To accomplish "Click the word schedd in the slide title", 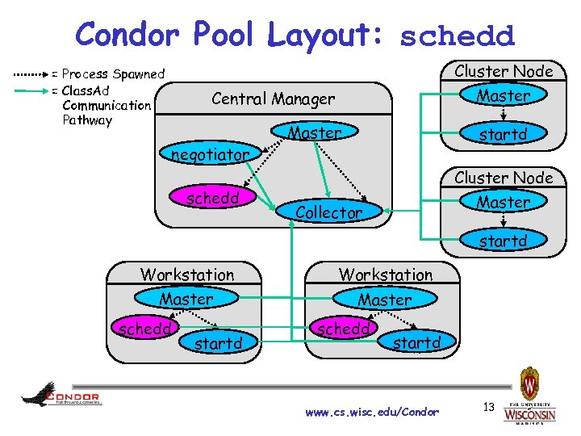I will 457,36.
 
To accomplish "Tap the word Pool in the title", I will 222,35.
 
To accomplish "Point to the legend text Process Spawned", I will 113,73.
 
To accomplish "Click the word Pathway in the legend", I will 87,120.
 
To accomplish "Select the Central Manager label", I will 273,99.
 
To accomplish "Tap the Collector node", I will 328,212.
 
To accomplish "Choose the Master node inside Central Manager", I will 315,132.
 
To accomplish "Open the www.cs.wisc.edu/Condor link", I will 372,412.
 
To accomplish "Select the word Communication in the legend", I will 106,105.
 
